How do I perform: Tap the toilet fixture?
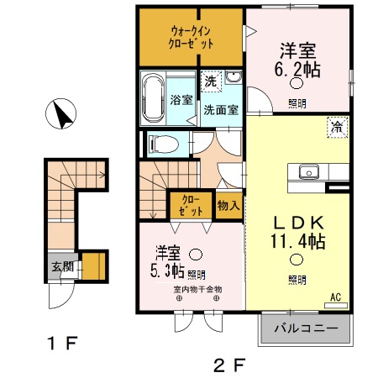click(x=160, y=144)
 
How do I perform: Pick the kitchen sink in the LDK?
click(x=308, y=171)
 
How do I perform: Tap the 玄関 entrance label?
click(x=60, y=266)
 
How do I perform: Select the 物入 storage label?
click(x=228, y=204)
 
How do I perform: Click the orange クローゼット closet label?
click(x=191, y=204)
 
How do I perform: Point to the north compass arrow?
click(x=62, y=115)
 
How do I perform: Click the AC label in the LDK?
click(x=334, y=297)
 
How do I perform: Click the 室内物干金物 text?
click(x=198, y=290)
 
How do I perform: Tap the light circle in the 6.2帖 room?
click(x=297, y=83)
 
